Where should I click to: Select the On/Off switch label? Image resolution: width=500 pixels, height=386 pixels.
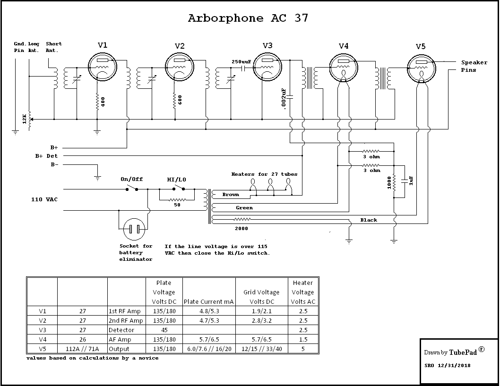coord(131,180)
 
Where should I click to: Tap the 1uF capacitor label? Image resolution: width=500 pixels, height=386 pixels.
coord(411,180)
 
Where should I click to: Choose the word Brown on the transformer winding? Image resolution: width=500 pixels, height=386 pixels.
coord(231,194)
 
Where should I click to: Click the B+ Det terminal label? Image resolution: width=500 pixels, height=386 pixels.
coord(46,156)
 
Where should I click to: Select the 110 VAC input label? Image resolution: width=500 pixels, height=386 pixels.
coord(44,200)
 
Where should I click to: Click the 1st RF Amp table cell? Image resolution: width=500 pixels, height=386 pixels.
coord(126,311)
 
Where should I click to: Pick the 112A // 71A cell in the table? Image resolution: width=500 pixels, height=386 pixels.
coord(82,349)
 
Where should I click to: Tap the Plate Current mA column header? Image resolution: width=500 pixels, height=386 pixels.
coord(209,302)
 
